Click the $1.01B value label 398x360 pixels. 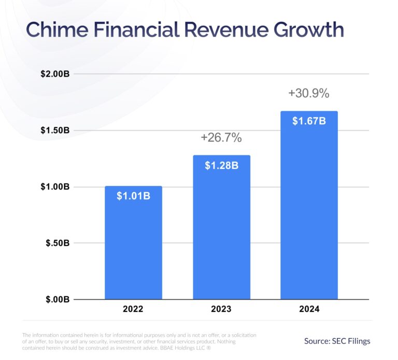tap(133, 196)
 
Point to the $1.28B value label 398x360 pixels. tap(221, 166)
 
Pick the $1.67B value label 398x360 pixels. tap(309, 121)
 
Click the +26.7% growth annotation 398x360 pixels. tap(221, 138)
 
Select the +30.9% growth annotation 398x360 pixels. tap(309, 94)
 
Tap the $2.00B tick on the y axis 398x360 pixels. tap(55, 74)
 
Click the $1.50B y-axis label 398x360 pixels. tap(55, 130)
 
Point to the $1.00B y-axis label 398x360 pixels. tap(55, 186)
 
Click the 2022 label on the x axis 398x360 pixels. tap(133, 309)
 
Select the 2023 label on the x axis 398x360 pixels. tap(221, 309)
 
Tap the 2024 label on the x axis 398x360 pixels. tap(309, 309)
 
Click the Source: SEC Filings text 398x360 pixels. tap(337, 341)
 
